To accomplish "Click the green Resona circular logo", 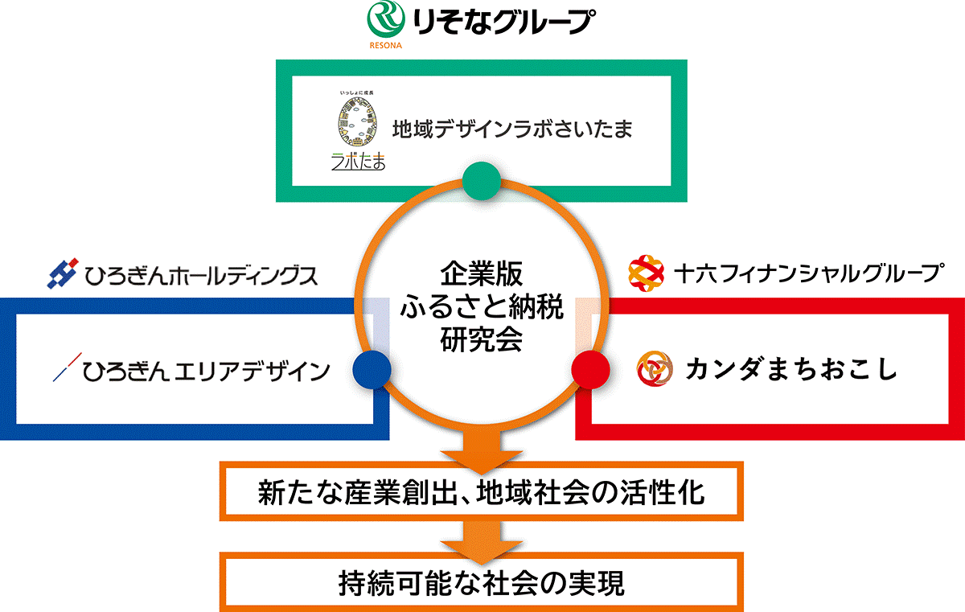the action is (386, 19).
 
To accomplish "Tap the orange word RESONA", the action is (385, 45).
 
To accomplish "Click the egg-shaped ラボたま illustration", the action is (358, 121).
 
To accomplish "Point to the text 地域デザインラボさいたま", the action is (512, 129).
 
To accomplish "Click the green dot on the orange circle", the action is (482, 181).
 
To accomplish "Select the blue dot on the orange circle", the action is (372, 369).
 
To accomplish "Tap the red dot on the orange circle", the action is (590, 369).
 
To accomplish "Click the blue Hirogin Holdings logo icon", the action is (63, 273).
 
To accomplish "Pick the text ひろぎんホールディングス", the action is (201, 276).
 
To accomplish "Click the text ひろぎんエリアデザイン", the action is (206, 372).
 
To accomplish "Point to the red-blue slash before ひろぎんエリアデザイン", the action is (68, 367).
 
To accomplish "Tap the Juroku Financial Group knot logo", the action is (646, 273).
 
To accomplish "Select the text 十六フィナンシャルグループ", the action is (809, 273).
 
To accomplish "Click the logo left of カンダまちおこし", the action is (655, 368).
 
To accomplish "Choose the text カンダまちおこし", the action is (792, 369).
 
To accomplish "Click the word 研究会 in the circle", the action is (482, 340).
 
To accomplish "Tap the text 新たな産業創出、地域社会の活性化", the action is (481, 492).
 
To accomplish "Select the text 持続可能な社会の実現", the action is (481, 583).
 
